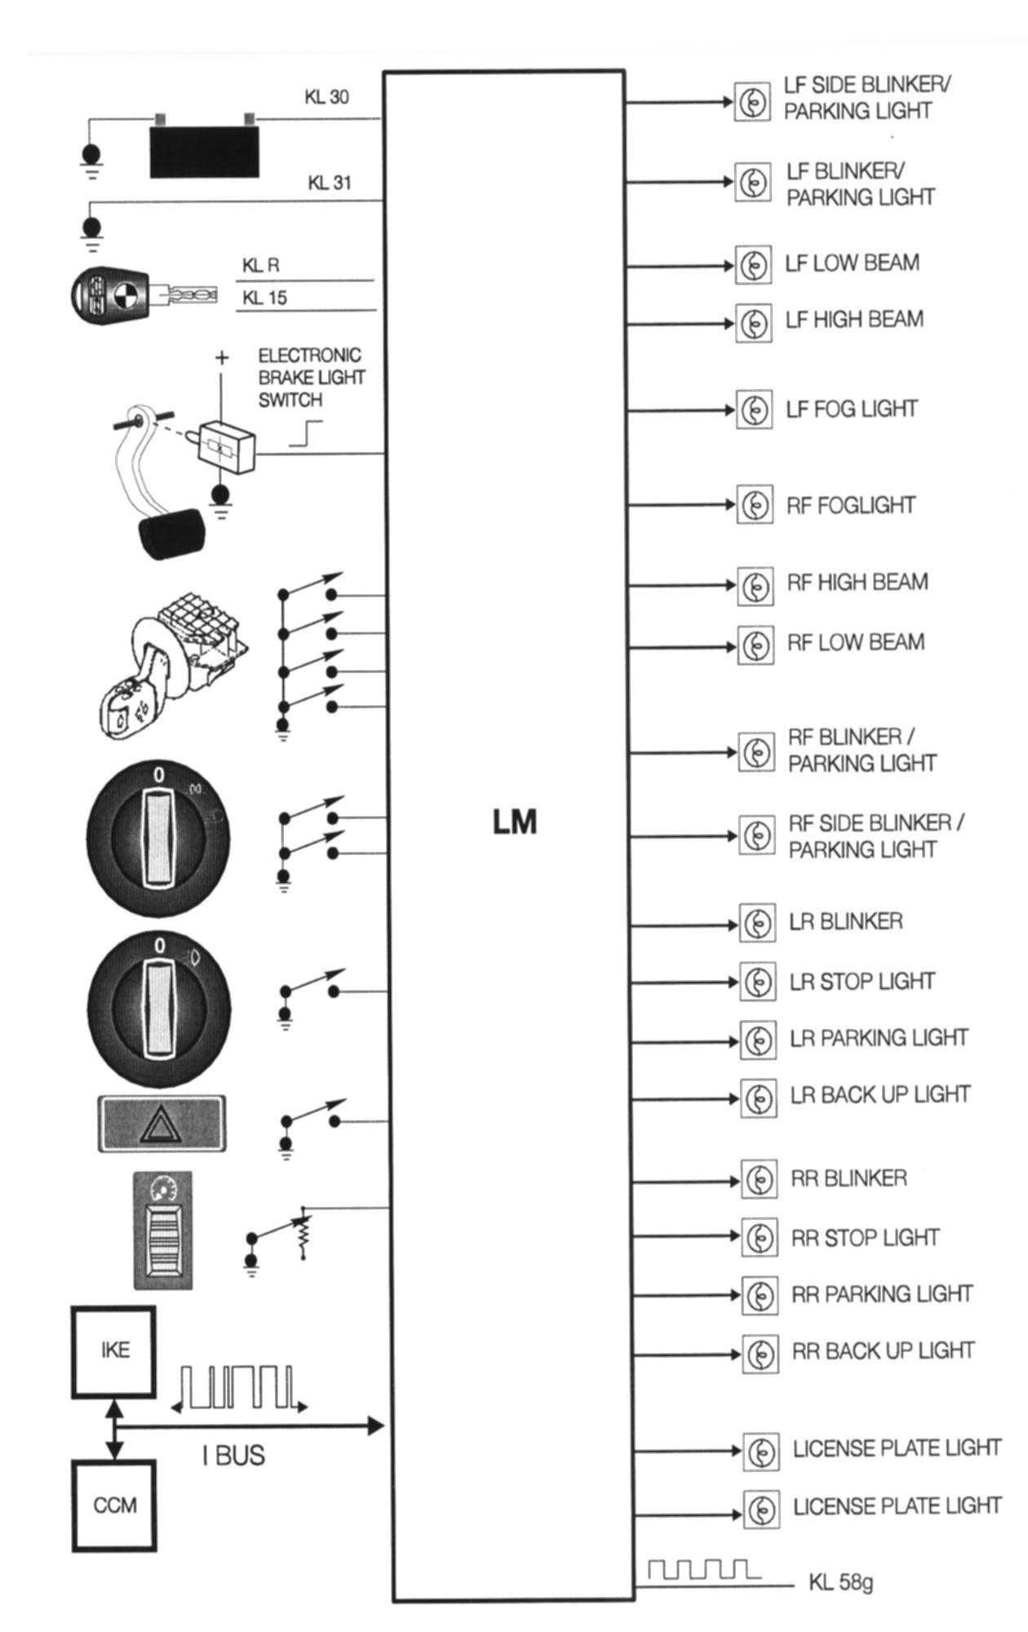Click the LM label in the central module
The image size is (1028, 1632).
[x=515, y=823]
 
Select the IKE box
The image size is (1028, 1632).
[x=114, y=1350]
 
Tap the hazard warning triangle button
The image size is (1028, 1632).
[x=162, y=1124]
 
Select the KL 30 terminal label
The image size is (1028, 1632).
[x=326, y=97]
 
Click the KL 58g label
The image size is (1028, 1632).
[x=840, y=1584]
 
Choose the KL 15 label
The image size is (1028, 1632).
[x=264, y=299]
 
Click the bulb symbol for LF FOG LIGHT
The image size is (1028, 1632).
[x=755, y=410]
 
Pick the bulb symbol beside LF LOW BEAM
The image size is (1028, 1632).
[x=754, y=264]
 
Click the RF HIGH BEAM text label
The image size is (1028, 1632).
[x=857, y=583]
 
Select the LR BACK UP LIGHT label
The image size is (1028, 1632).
[x=880, y=1095]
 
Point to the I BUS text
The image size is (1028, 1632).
[x=233, y=1456]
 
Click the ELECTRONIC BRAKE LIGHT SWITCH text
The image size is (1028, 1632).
[x=311, y=378]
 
